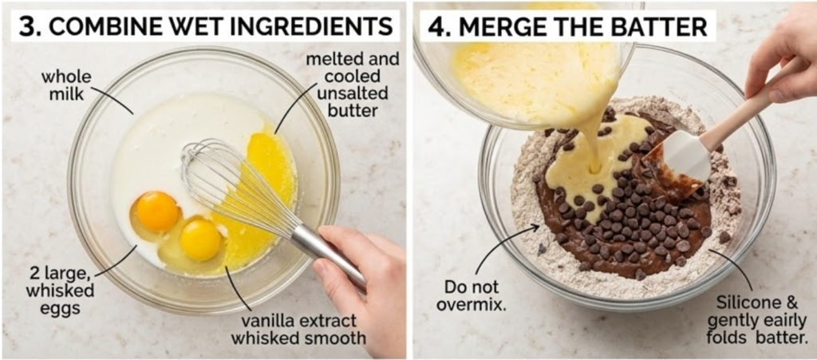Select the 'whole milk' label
[65, 85]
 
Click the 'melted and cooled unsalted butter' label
[352, 85]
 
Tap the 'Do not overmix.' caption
[471, 295]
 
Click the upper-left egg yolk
[157, 211]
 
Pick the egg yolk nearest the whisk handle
[200, 239]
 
